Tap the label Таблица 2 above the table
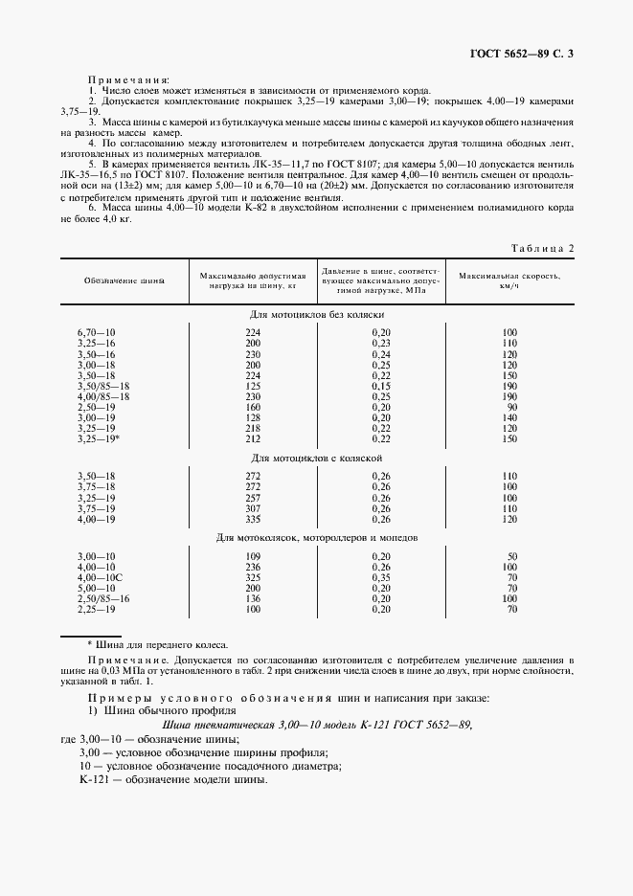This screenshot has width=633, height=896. tap(542, 248)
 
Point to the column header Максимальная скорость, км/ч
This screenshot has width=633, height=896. tap(509, 281)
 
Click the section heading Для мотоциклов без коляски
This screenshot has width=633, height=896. tap(317, 314)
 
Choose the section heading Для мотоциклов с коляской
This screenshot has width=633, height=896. tap(317, 459)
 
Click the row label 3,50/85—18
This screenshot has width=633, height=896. tap(103, 386)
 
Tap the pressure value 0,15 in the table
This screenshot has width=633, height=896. tap(382, 386)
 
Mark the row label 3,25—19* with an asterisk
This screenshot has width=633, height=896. tap(99, 438)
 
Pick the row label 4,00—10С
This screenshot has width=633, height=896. tap(100, 578)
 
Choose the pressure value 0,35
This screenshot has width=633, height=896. tap(382, 578)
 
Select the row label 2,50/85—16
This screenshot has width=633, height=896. tap(103, 599)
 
